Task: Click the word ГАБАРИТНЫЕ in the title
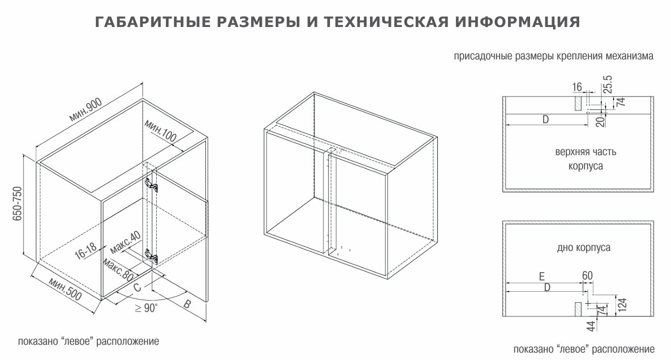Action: [153, 22]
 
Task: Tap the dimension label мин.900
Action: [85, 110]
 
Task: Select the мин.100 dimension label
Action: [161, 131]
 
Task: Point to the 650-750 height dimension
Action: [18, 204]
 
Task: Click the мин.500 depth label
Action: [65, 289]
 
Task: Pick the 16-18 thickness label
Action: [85, 250]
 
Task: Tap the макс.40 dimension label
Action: [125, 242]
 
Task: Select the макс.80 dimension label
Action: [118, 270]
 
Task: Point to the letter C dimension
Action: [137, 287]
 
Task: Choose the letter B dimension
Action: [187, 305]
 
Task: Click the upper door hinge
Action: [152, 185]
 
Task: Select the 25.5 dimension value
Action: [608, 84]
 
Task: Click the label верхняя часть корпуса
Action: [586, 159]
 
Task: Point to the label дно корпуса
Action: [584, 248]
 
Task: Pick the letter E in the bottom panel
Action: [542, 277]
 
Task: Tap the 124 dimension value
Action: [622, 305]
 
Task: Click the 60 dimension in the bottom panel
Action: [587, 276]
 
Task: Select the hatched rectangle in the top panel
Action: [578, 103]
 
